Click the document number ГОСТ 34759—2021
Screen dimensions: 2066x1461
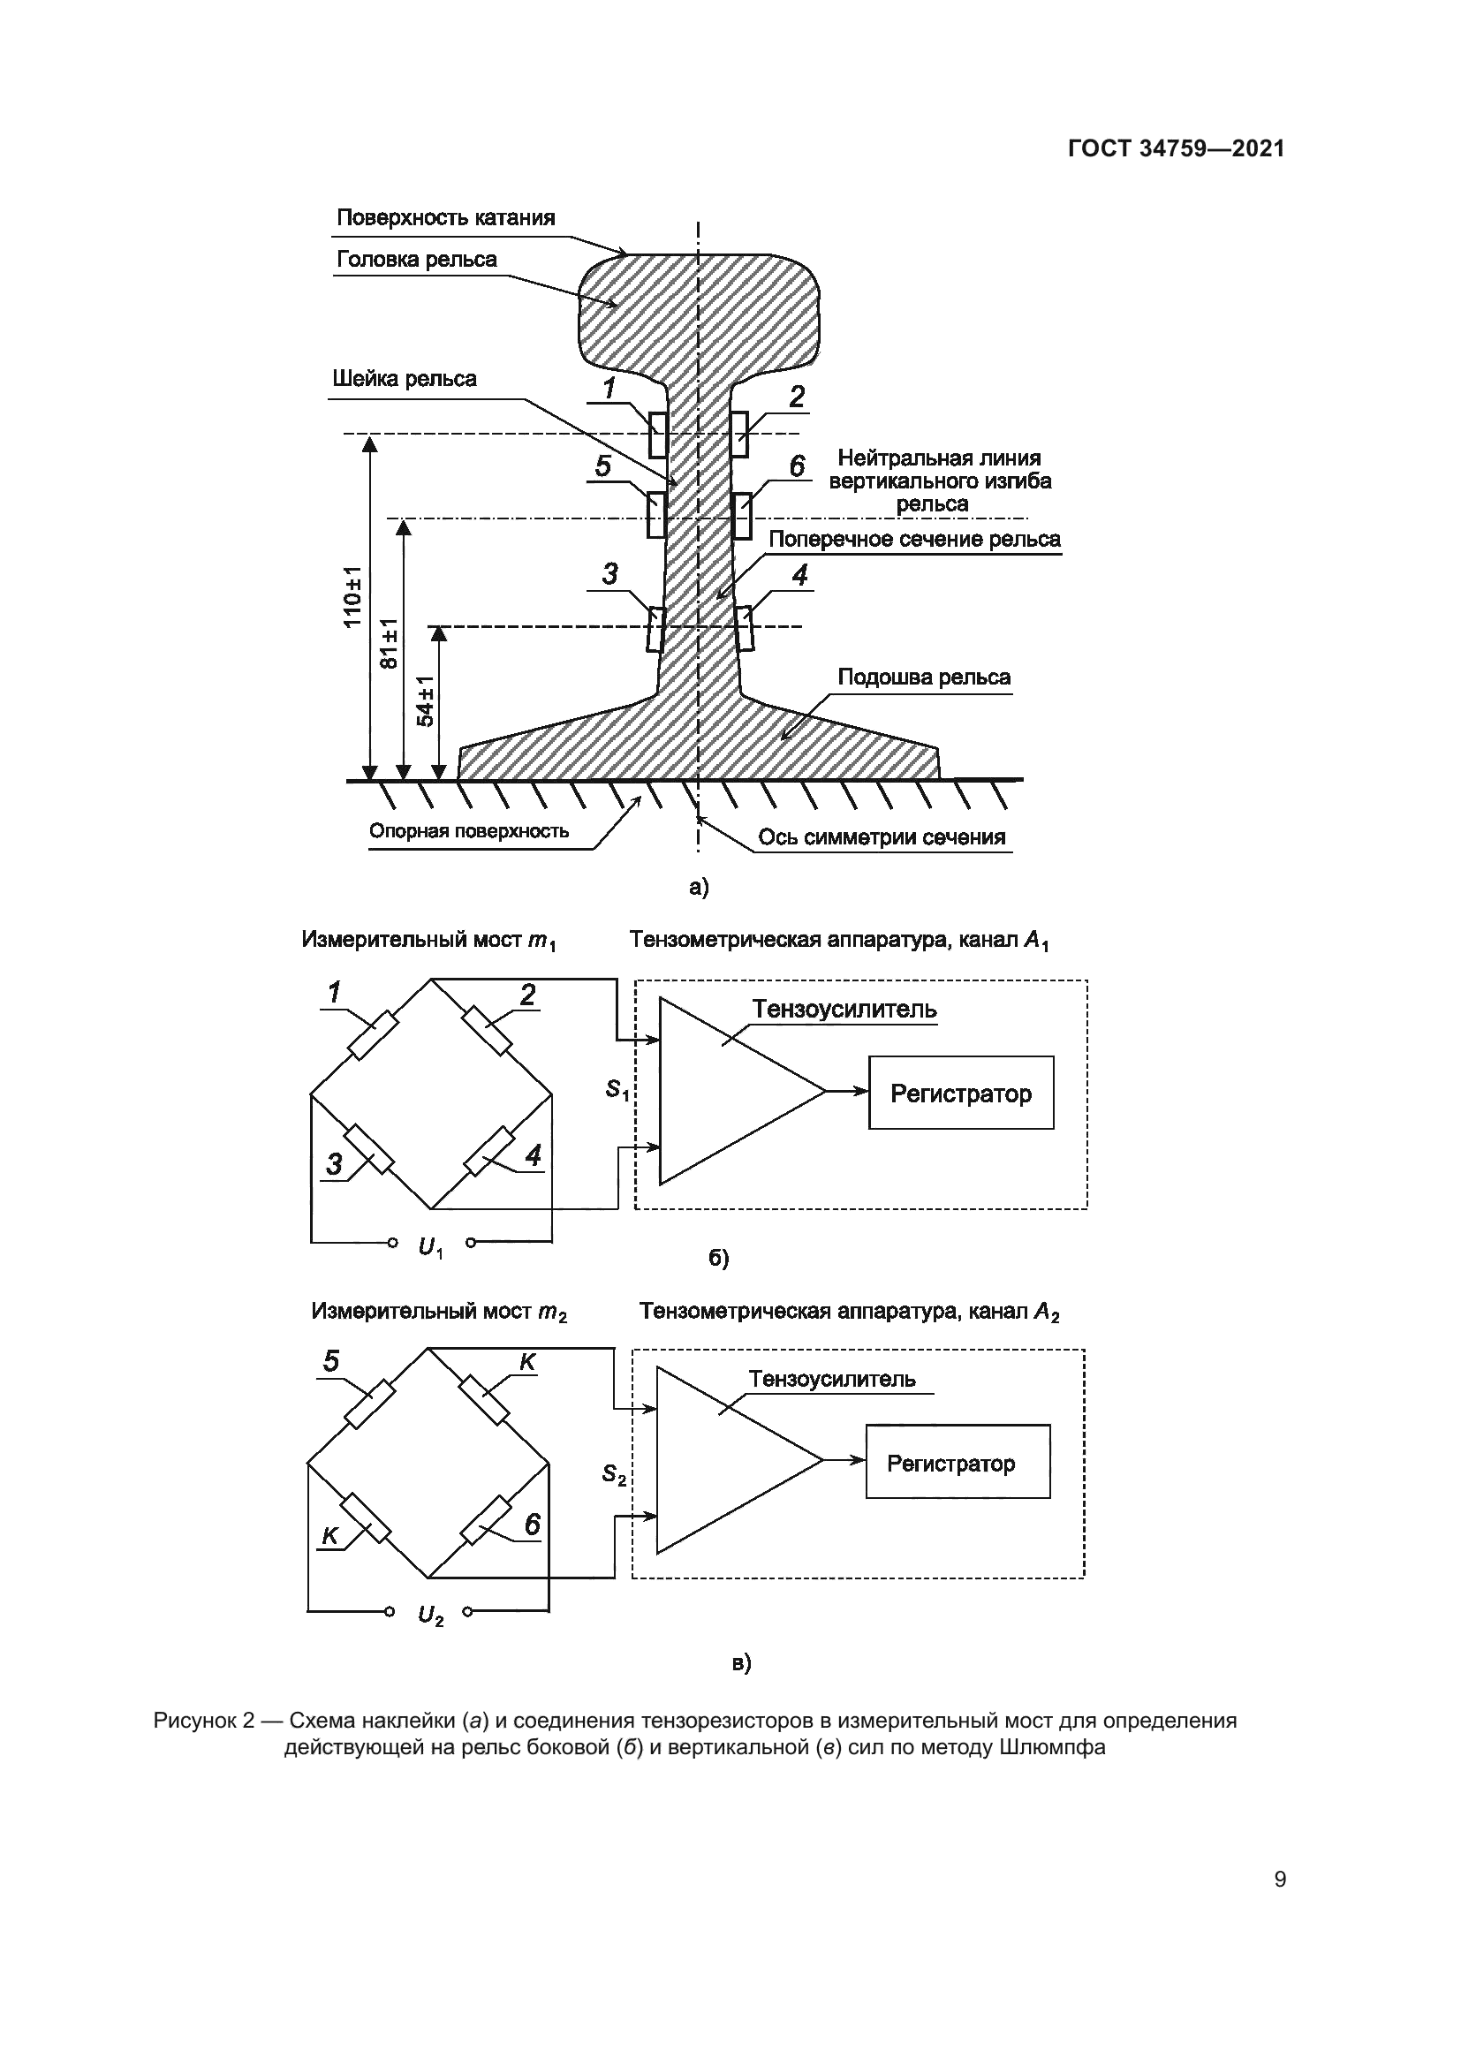coord(1176,148)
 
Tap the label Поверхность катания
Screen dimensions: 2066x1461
coord(445,218)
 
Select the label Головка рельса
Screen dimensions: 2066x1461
coord(417,260)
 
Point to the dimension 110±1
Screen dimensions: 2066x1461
coord(352,596)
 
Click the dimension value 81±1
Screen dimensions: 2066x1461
coord(389,643)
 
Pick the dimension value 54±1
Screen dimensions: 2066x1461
coord(426,701)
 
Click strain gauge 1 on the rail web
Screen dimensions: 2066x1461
coord(658,435)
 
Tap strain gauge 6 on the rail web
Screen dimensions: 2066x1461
coord(741,516)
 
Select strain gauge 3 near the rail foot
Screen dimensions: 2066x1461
coord(655,628)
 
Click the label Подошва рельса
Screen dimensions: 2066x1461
coord(924,677)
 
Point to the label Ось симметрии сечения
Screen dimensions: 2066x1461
coord(881,837)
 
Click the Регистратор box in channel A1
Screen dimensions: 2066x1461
coord(961,1094)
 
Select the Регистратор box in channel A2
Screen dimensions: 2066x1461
coord(958,1464)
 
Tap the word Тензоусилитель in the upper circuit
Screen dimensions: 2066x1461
coord(844,1010)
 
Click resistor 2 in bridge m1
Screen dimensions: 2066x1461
coord(487,1030)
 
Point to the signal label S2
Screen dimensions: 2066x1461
coord(614,1475)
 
